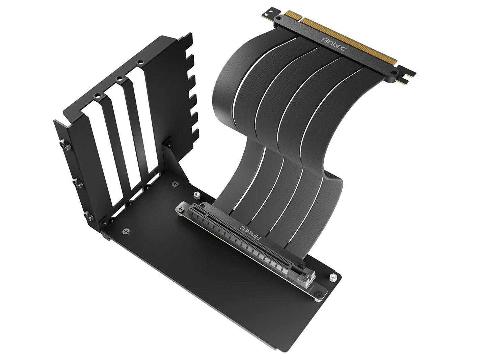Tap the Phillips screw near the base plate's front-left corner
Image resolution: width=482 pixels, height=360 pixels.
click(x=126, y=231)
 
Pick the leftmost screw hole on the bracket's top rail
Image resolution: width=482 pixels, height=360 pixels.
click(x=98, y=96)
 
